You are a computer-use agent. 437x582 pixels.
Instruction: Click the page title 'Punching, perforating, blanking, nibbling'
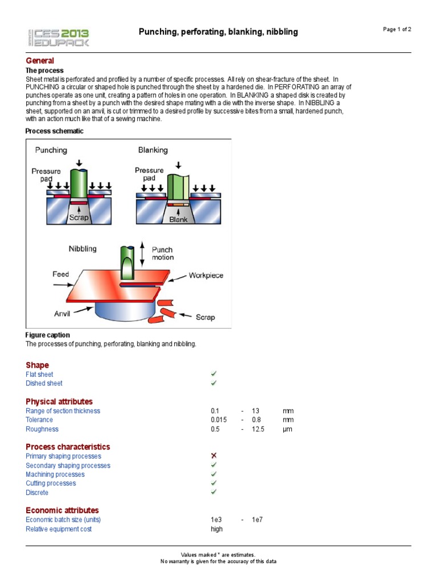pos(218,32)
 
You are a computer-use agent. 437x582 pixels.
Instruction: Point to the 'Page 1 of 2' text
pos(398,30)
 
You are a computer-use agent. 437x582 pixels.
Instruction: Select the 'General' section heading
pos(40,60)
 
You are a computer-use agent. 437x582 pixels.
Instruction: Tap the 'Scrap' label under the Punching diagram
pos(79,218)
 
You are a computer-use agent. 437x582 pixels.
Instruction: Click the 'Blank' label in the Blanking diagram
pos(178,219)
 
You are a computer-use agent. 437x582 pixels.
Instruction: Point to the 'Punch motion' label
pos(162,253)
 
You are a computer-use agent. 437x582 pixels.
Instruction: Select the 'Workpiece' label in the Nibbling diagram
pos(206,276)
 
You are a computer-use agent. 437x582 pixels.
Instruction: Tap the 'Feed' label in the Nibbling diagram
pos(61,274)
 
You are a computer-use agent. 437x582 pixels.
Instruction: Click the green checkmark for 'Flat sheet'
pos(214,373)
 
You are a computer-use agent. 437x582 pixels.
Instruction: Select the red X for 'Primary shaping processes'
pos(214,456)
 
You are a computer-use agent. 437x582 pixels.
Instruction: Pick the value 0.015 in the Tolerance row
pos(218,420)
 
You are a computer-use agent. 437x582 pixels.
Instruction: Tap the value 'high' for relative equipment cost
pos(217,529)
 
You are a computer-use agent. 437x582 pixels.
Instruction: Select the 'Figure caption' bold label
pos(48,335)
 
